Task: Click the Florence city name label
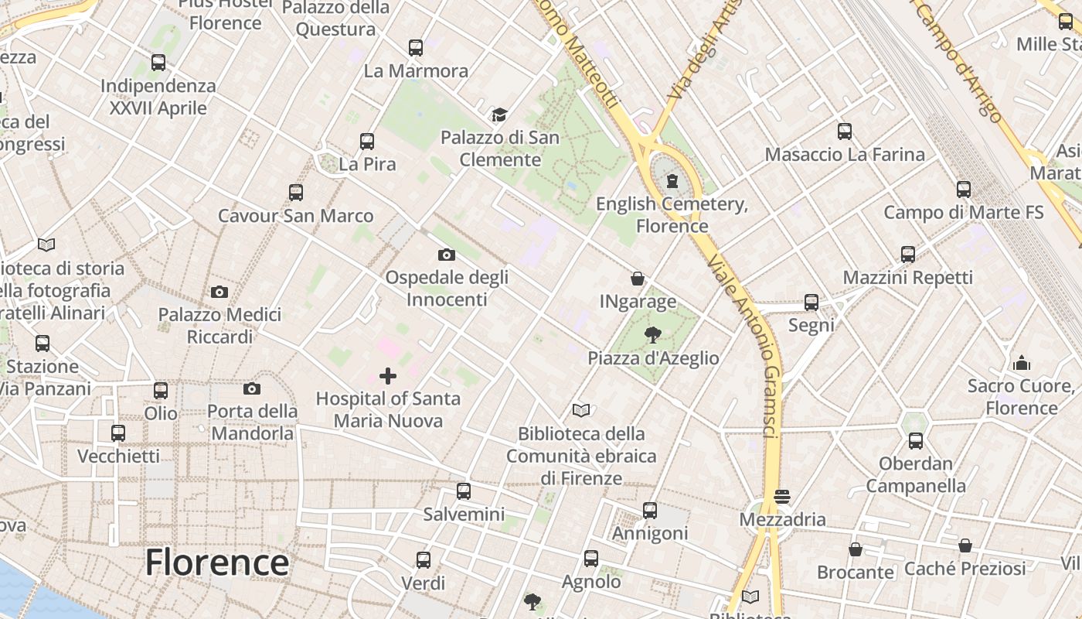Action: click(x=217, y=562)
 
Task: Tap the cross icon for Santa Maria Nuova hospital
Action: click(x=388, y=376)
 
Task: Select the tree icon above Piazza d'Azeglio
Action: click(x=653, y=335)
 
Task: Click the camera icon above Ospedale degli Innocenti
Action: click(x=446, y=255)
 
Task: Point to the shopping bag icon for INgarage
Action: click(x=638, y=279)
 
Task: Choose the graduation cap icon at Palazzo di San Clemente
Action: click(x=499, y=115)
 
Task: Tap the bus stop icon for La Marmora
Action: click(x=416, y=48)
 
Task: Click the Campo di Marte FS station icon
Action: click(x=964, y=190)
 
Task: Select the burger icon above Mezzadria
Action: click(x=782, y=496)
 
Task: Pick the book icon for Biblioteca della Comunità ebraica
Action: click(x=581, y=410)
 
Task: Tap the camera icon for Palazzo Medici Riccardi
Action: click(x=219, y=292)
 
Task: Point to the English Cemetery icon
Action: click(x=672, y=182)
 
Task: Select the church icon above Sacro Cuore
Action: click(x=1022, y=363)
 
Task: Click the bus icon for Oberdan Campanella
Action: click(x=916, y=441)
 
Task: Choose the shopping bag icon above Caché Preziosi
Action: click(x=965, y=546)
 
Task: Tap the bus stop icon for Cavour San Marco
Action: click(x=296, y=193)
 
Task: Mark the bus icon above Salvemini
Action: click(x=464, y=491)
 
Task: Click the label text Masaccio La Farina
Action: click(x=845, y=154)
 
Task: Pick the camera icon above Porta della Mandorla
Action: click(x=252, y=388)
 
